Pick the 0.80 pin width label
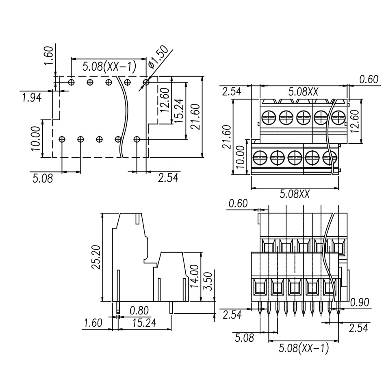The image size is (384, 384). coord(139,311)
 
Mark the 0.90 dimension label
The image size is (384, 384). coord(360,302)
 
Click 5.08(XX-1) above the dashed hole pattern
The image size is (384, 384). coord(109,66)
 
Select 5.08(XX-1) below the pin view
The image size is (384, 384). coord(304,348)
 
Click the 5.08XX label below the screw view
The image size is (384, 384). coord(295,194)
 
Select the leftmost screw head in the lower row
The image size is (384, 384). coord(259,156)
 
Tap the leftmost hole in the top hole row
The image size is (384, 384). coord(72,82)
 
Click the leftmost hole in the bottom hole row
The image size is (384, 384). coord(62,139)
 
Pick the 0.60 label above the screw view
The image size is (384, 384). coord(369,80)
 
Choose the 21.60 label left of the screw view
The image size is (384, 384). coord(227,137)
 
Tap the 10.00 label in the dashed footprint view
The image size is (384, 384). coord(36,138)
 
